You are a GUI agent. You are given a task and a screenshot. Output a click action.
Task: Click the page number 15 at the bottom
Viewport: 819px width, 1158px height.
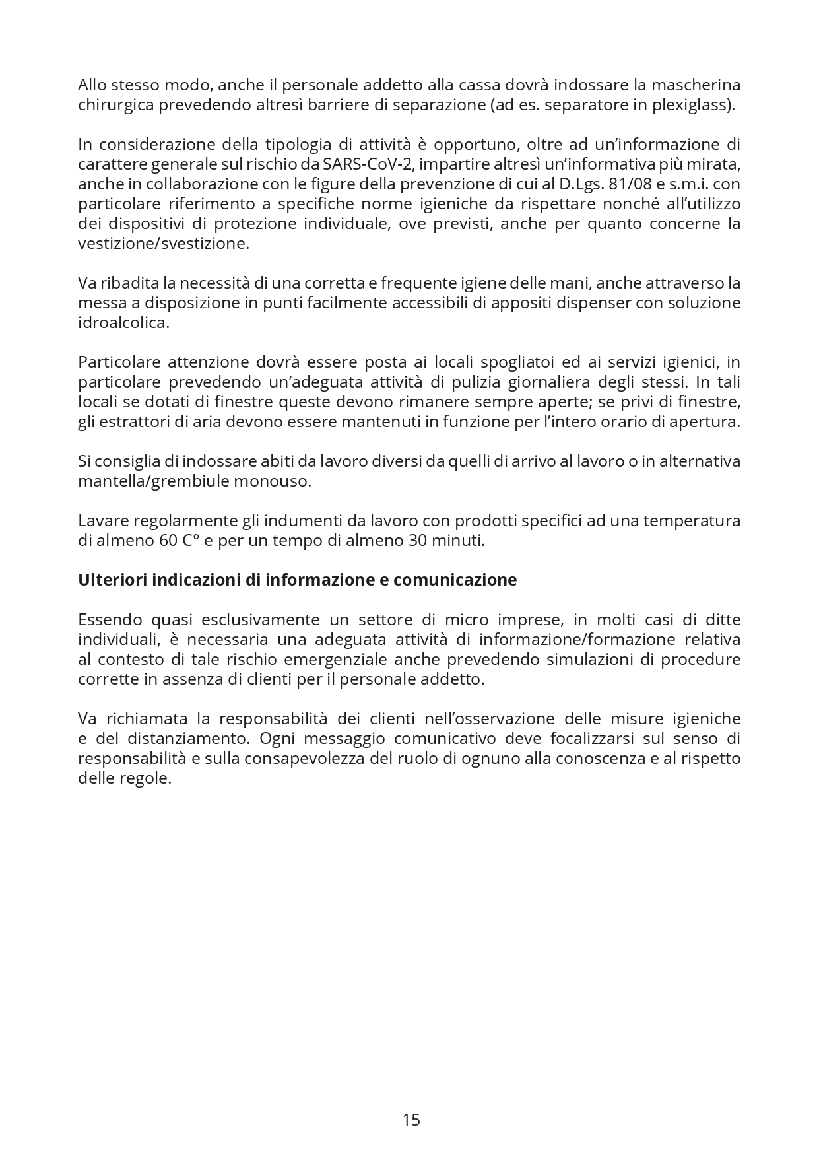(x=410, y=1120)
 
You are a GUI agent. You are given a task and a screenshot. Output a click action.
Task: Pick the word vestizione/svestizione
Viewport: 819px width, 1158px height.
(x=164, y=243)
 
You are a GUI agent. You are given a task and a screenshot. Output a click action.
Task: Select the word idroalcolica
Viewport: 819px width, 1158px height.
(x=123, y=322)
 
